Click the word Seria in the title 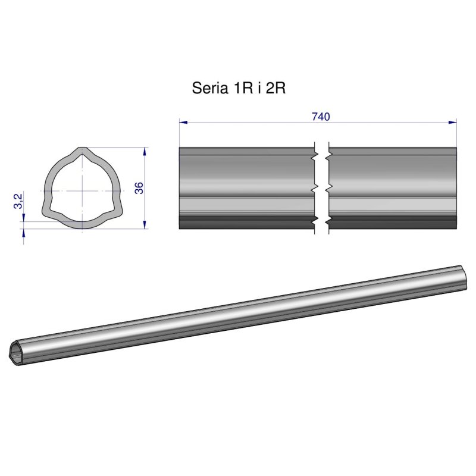pyautogui.click(x=208, y=89)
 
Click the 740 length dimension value pyautogui.click(x=321, y=116)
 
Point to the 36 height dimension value pyautogui.click(x=139, y=188)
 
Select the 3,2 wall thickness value pyautogui.click(x=18, y=201)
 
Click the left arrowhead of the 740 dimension pyautogui.click(x=184, y=123)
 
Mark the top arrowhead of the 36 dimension pyautogui.click(x=145, y=152)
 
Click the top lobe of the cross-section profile pyautogui.click(x=80, y=153)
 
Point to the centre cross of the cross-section pyautogui.click(x=80, y=190)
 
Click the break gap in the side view pyautogui.click(x=321, y=188)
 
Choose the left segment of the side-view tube pyautogui.click(x=246, y=188)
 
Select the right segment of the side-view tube pyautogui.click(x=393, y=188)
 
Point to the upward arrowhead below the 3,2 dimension pyautogui.click(x=23, y=233)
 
